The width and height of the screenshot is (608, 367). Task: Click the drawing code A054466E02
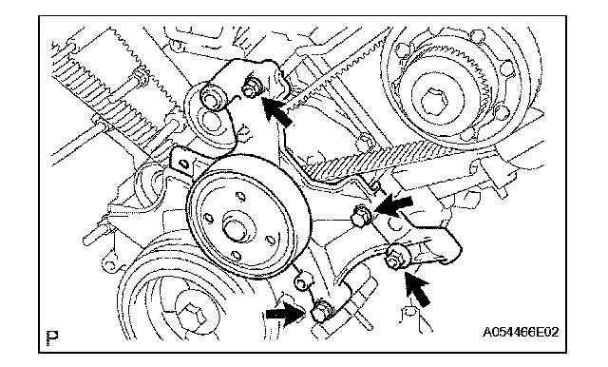coord(521,332)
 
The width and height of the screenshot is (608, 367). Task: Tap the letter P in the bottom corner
coord(52,337)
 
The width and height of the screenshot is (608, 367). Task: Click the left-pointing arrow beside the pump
coord(393,204)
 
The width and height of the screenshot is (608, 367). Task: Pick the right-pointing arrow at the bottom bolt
coord(284,314)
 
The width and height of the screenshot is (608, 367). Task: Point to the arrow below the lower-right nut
coord(418,289)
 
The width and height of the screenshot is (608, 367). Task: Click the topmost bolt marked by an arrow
coord(250,88)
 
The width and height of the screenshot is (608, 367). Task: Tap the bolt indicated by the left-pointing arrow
coord(361,216)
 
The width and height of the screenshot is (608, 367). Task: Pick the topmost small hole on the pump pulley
coord(240,196)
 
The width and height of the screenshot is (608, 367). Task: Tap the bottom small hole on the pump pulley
coord(236,255)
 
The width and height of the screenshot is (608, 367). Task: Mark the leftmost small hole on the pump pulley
coord(208,218)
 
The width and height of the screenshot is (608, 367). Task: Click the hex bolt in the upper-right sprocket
coord(435,102)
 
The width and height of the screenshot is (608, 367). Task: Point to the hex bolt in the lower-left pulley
coord(193,315)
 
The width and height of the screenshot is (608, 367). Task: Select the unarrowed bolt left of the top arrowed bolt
coord(211,99)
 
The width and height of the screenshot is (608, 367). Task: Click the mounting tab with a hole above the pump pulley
coord(181,164)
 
